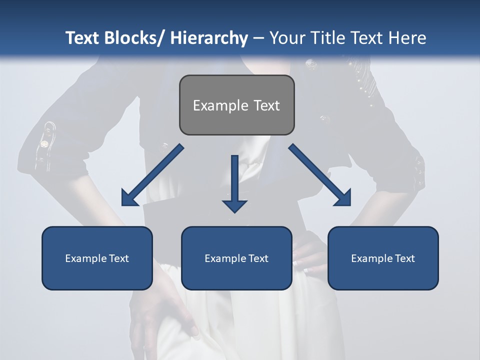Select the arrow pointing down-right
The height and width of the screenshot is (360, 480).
320,175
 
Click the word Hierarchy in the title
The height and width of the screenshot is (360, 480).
209,38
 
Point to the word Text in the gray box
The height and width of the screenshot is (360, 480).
266,106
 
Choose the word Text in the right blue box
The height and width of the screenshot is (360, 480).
404,258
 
